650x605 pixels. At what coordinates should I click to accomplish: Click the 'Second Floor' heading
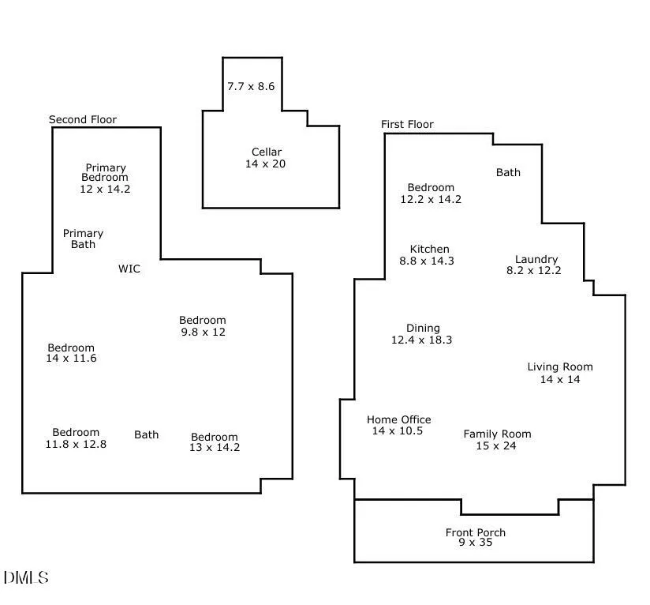coord(83,120)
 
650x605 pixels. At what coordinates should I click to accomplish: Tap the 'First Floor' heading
coord(407,125)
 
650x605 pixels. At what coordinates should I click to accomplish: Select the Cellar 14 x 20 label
coord(266,158)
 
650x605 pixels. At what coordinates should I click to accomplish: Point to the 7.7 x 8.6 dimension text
coord(251,86)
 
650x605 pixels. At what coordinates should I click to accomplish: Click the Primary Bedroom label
coord(106,178)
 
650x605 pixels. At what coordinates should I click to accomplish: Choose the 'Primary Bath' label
coord(83,239)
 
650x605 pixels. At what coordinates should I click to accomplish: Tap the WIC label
coord(129,269)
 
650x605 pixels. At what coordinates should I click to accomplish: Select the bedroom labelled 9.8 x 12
coord(203,326)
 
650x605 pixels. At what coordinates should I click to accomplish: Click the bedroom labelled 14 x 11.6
coord(71,353)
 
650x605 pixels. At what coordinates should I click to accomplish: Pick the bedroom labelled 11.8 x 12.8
coord(76,438)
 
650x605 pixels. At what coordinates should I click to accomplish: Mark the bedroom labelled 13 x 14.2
coord(215,442)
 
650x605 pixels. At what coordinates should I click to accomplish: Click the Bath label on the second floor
coord(146,434)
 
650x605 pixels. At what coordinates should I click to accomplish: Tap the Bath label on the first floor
coord(508,172)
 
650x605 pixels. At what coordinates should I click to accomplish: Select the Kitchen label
coord(429,255)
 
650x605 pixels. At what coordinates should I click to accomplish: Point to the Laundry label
coord(535,265)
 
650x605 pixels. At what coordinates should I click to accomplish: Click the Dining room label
coord(422,334)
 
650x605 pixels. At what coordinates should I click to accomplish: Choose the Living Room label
coord(560,373)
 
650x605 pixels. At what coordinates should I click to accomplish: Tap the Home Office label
coord(398,426)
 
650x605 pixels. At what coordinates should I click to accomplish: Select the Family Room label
coord(497,440)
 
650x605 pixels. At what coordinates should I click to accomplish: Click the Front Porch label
coord(475,538)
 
